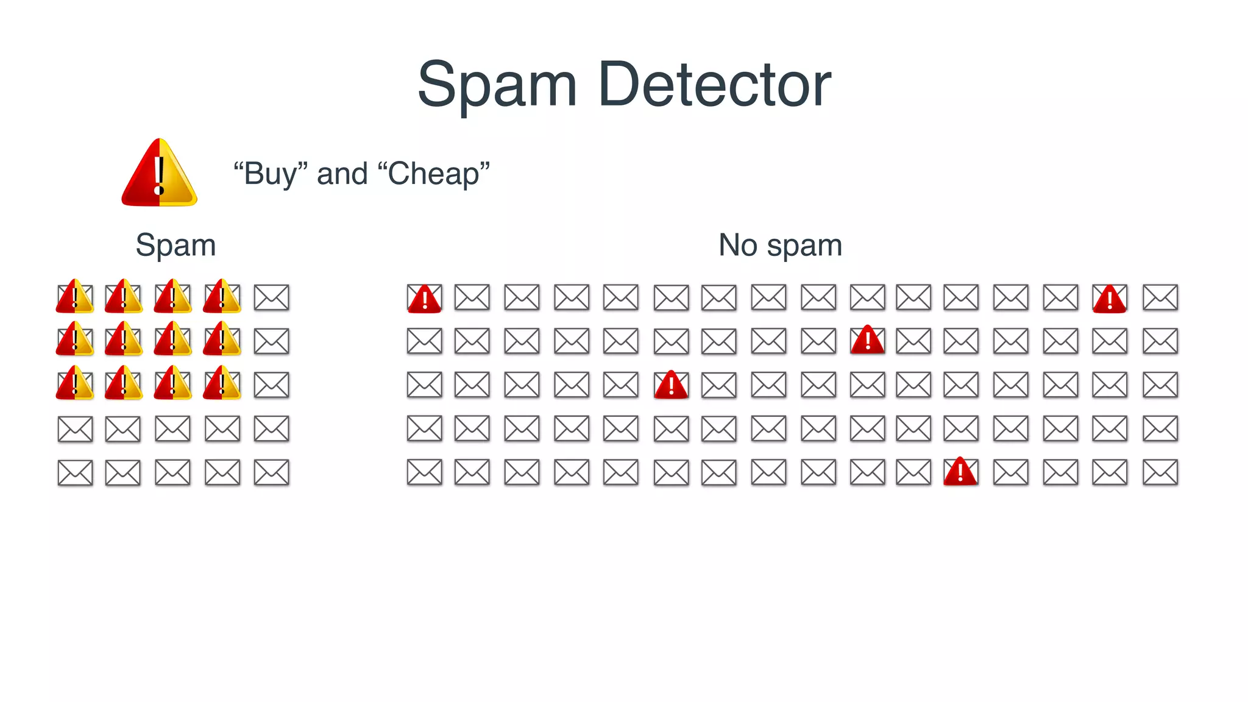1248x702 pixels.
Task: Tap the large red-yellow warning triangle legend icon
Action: pyautogui.click(x=159, y=174)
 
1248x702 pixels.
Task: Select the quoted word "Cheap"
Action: pyautogui.click(x=433, y=174)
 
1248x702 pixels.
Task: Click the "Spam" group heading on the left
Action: pyautogui.click(x=175, y=245)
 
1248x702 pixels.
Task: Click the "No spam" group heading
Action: pyautogui.click(x=780, y=245)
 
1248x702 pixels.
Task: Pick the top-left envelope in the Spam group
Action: pyautogui.click(x=75, y=297)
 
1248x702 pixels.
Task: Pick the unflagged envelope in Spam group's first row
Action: pyautogui.click(x=271, y=297)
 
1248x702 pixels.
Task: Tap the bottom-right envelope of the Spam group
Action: pyautogui.click(x=271, y=472)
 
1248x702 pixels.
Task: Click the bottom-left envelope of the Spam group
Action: pyautogui.click(x=75, y=472)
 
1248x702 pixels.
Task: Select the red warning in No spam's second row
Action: pyautogui.click(x=867, y=340)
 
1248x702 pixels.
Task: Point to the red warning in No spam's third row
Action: pyautogui.click(x=671, y=385)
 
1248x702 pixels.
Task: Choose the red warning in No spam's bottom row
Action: pyautogui.click(x=960, y=472)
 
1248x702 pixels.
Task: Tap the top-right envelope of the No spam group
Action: pyautogui.click(x=1160, y=297)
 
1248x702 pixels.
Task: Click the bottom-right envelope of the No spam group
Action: pyautogui.click(x=1160, y=472)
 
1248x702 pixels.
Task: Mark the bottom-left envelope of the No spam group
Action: pyautogui.click(x=424, y=472)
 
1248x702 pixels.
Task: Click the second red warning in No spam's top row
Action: pyautogui.click(x=1110, y=298)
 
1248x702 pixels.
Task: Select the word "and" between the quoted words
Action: pyautogui.click(x=342, y=174)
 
